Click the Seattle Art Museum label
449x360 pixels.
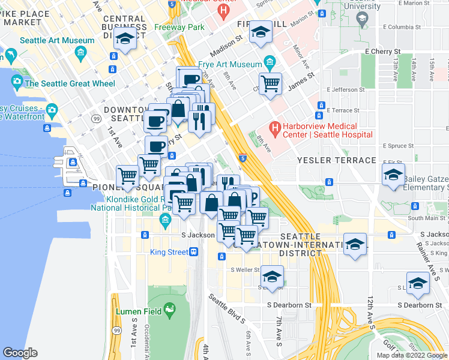click(57, 41)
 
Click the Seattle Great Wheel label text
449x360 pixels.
click(70, 83)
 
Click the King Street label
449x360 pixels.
click(169, 252)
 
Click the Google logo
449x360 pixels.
click(20, 353)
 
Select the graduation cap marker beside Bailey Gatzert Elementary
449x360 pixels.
click(393, 175)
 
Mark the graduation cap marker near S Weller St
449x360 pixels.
click(272, 277)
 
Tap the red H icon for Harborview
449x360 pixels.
click(275, 127)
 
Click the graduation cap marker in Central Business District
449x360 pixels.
click(124, 40)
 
